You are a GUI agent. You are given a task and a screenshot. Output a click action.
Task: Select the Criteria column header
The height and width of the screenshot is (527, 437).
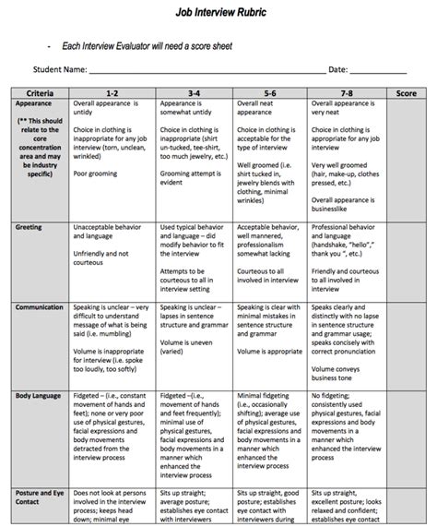pyautogui.click(x=40, y=93)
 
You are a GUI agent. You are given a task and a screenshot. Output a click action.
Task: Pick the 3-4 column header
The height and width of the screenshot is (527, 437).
pyautogui.click(x=195, y=93)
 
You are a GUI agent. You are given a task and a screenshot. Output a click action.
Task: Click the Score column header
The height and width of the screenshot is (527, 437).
pyautogui.click(x=406, y=93)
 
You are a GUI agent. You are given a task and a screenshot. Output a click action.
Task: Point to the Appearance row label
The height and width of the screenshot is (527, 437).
pyautogui.click(x=35, y=104)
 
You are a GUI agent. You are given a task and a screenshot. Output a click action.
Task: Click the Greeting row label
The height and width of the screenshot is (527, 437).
pyautogui.click(x=30, y=226)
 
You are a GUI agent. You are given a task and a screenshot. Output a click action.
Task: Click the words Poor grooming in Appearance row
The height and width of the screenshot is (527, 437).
pyautogui.click(x=100, y=172)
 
